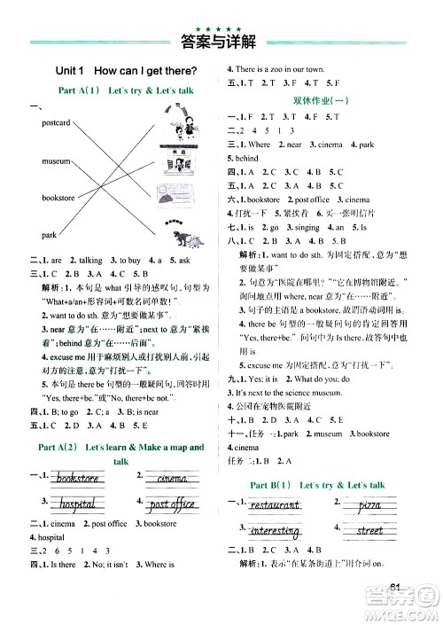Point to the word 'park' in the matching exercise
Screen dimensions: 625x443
point(49,235)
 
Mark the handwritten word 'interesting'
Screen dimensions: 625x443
point(276,530)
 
